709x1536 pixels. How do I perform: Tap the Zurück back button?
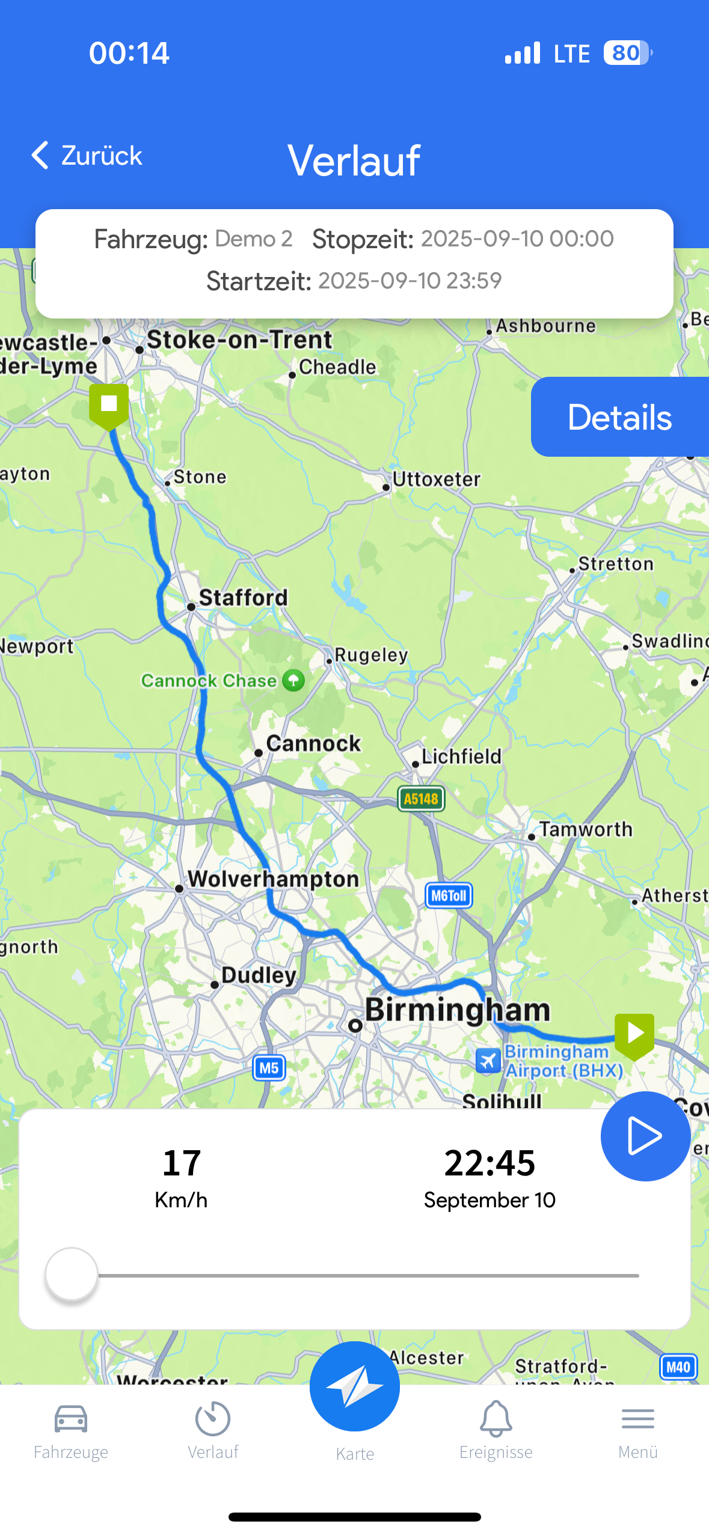[86, 156]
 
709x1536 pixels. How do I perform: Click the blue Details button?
[619, 417]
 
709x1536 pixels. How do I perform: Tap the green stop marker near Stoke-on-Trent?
[109, 404]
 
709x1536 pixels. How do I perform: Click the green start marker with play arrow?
[634, 1034]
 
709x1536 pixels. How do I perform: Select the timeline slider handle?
[72, 1274]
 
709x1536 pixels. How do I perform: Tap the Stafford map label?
[243, 598]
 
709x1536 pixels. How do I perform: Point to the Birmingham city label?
[457, 1010]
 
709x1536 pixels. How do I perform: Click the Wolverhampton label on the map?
[274, 879]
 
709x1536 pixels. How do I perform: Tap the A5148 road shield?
[421, 799]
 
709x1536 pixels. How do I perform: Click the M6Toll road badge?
[449, 895]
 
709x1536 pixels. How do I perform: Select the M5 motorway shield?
[269, 1068]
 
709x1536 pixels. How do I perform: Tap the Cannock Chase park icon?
[293, 680]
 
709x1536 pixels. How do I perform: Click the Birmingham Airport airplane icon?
[488, 1061]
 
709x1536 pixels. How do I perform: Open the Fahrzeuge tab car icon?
[71, 1419]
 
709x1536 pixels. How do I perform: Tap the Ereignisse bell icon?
[496, 1419]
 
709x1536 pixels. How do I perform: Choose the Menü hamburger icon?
[638, 1419]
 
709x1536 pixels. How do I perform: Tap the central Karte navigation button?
[355, 1386]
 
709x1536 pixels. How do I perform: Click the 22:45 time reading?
[490, 1162]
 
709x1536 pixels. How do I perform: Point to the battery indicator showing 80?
[627, 53]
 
